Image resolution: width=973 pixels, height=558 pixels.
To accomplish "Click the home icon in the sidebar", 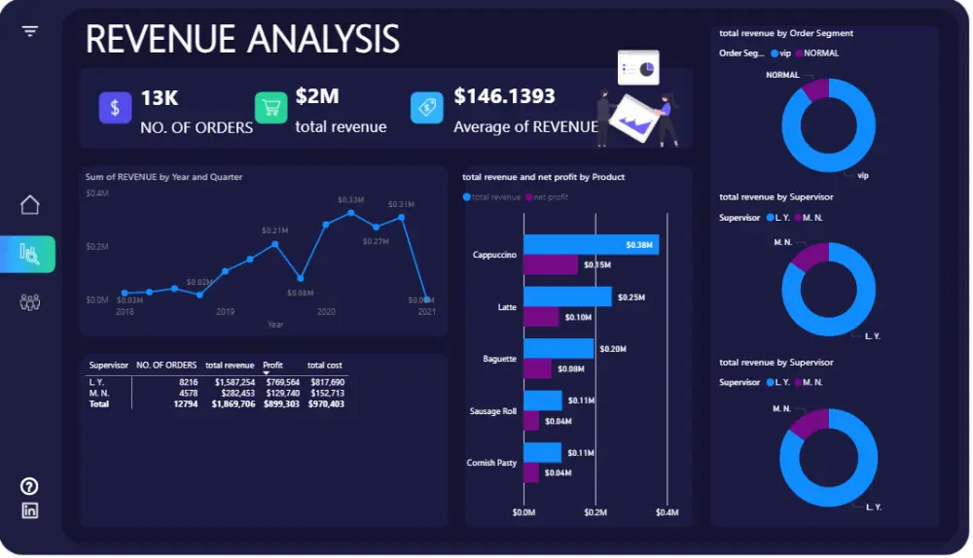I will pos(30,205).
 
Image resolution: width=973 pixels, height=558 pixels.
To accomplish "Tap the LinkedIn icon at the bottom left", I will pos(30,510).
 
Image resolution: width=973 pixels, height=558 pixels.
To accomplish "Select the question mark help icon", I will pos(30,486).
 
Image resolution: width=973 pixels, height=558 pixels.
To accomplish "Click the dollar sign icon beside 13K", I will pos(115,108).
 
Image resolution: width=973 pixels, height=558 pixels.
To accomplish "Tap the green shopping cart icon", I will pos(271,108).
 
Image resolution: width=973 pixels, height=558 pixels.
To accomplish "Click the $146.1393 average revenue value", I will pos(504,97).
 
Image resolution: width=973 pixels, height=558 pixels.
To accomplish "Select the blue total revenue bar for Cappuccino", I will pos(591,245).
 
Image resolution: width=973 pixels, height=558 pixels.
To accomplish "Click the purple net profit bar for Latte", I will pos(541,317).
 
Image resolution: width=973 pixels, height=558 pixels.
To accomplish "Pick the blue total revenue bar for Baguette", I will pos(559,348).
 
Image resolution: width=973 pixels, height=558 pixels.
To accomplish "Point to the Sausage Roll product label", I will pos(494,411).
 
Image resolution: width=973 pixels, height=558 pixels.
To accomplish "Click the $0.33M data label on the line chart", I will pos(350,199).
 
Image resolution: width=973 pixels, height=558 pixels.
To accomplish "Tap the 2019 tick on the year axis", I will pos(226,312).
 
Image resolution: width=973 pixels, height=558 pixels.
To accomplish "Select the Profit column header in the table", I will pos(273,366).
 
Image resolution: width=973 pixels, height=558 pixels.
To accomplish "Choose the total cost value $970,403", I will pos(326,403).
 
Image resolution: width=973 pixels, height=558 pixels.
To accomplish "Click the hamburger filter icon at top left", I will pos(30,31).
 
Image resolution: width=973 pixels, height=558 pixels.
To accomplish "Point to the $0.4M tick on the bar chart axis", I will pos(666,512).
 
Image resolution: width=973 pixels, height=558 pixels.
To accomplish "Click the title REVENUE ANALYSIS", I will pos(242,39).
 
